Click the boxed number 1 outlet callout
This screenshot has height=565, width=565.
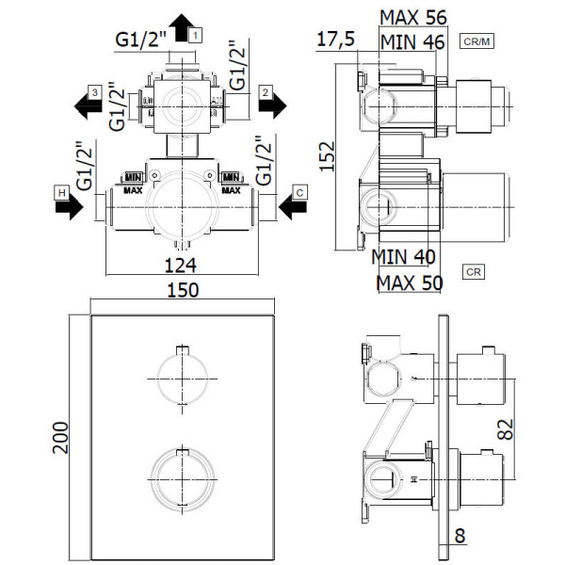pos(195,36)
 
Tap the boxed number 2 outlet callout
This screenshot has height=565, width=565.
pos(266,92)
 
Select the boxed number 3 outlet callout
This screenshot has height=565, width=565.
pos(95,92)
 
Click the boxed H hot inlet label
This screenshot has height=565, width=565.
pos(62,193)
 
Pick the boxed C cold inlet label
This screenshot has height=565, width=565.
pos(299,193)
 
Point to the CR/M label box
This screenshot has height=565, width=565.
pos(476,41)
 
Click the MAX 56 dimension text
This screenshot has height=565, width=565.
pos(413,17)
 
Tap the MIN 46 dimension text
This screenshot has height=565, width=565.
pos(412,42)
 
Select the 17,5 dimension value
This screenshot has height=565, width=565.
pos(336,39)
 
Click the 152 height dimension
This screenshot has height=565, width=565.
pos(328,156)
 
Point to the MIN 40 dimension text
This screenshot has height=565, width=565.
pos(403,257)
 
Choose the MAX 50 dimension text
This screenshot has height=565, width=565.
pos(410,282)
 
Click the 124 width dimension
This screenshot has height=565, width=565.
pos(181,266)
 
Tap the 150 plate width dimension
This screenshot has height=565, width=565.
pos(183,290)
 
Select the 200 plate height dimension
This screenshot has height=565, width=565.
pos(60,438)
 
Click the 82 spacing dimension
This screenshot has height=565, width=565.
pos(505,429)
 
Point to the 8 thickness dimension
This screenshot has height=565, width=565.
pos(460,536)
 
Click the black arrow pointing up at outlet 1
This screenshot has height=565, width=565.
pos(182,27)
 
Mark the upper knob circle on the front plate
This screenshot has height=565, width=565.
pos(183,379)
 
